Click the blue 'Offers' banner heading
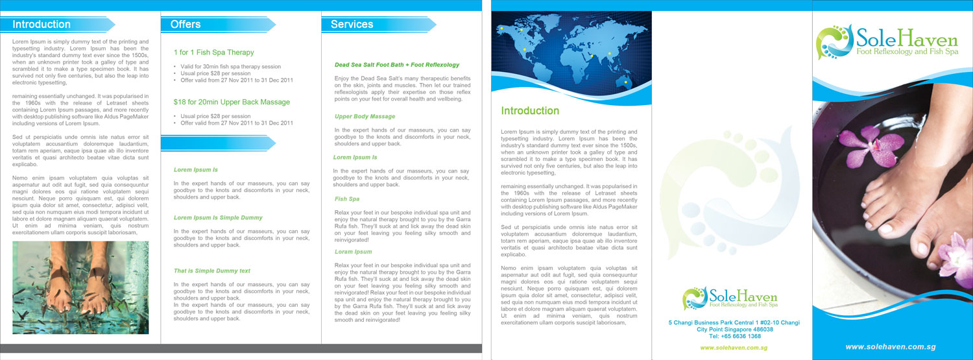186,25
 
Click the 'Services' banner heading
352,25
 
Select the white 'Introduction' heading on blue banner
42,25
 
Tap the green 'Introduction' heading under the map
529,111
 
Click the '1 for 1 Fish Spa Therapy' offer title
213,53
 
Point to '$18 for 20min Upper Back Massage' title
232,102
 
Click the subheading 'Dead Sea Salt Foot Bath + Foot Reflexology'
396,65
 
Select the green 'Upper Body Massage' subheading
365,117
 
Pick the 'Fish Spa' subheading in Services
346,199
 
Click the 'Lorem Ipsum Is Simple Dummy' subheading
218,218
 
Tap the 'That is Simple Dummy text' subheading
211,271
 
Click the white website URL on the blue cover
890,347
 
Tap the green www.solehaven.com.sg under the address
734,348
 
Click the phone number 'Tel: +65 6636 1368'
734,337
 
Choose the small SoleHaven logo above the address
695,298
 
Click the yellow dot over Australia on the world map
625,82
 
